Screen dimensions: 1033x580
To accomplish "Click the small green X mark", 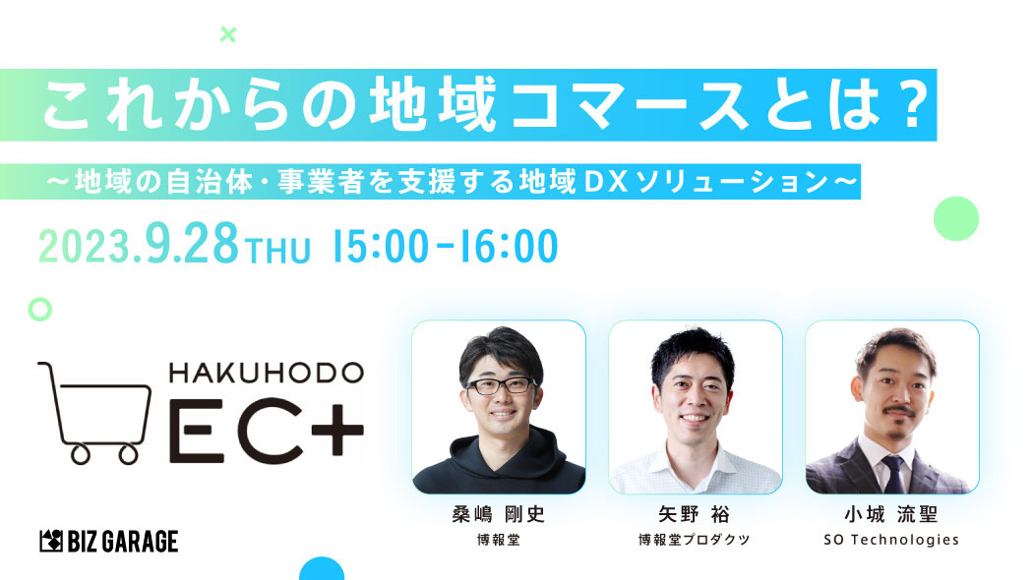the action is pyautogui.click(x=228, y=34).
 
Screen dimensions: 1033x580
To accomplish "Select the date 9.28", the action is pyautogui.click(x=192, y=244).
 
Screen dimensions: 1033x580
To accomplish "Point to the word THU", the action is pyautogui.click(x=277, y=251).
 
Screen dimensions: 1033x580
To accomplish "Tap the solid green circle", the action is pyautogui.click(x=956, y=218).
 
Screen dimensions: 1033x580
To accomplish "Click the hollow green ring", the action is pyautogui.click(x=40, y=309).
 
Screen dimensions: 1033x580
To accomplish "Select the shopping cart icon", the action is pyautogui.click(x=94, y=413).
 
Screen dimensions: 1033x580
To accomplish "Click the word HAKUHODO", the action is pyautogui.click(x=267, y=374).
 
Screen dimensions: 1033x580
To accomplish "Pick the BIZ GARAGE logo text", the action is pyautogui.click(x=108, y=541).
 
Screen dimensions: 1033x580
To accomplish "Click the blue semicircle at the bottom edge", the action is pyautogui.click(x=322, y=569).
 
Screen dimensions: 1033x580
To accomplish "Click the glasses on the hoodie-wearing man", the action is pyautogui.click(x=502, y=385).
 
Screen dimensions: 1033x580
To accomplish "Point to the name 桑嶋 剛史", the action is pyautogui.click(x=499, y=514).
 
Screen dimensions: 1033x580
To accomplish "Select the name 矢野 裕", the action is pyautogui.click(x=695, y=514).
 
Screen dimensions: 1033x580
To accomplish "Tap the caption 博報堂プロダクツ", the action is pyautogui.click(x=695, y=540).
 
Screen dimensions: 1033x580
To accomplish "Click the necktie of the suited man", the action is pyautogui.click(x=893, y=474).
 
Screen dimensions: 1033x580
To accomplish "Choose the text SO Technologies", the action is pyautogui.click(x=891, y=540).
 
